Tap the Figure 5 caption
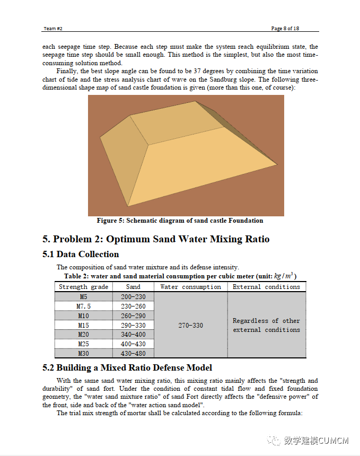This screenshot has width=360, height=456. (x=180, y=221)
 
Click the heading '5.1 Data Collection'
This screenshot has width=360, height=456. (x=81, y=254)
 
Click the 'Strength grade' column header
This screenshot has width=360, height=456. (x=83, y=287)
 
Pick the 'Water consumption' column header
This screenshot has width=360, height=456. (x=190, y=287)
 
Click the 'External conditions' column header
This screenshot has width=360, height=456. (x=267, y=287)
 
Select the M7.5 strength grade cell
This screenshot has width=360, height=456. (x=83, y=306)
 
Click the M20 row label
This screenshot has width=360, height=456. (x=83, y=335)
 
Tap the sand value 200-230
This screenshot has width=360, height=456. (x=133, y=297)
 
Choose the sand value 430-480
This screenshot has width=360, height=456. (x=133, y=353)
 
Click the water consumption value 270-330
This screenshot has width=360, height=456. (x=190, y=325)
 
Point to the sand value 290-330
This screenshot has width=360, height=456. (x=133, y=325)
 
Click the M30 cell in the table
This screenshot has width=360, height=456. (x=83, y=353)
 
